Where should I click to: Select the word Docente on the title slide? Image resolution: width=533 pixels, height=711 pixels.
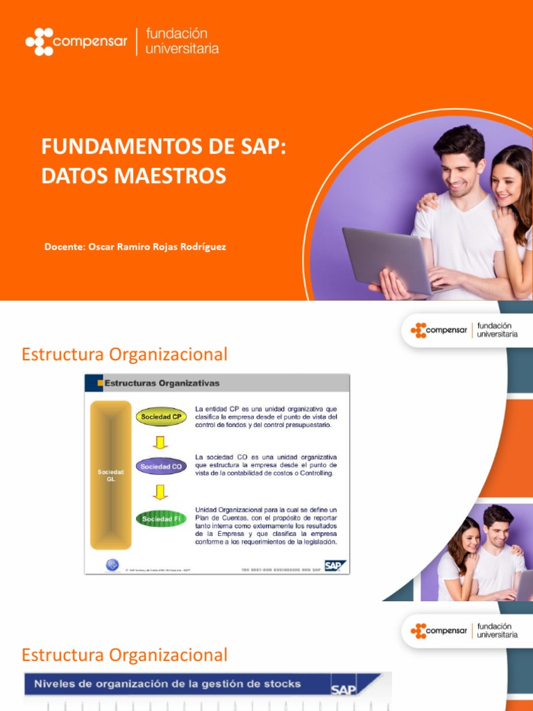tap(64, 247)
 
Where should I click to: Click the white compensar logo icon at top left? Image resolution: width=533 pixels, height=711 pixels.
tap(39, 42)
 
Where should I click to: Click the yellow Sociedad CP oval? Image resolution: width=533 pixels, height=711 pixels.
tap(161, 417)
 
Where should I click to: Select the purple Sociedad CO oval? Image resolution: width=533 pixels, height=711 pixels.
tap(161, 467)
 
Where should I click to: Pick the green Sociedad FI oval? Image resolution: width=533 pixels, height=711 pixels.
tap(161, 519)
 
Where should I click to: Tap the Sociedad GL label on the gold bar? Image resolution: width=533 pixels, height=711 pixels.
tap(111, 476)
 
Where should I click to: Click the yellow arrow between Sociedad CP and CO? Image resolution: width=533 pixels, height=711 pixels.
tap(160, 442)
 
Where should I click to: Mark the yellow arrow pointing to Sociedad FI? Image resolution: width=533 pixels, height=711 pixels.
tap(160, 492)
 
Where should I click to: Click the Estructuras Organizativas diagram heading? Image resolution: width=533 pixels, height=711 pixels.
tap(162, 383)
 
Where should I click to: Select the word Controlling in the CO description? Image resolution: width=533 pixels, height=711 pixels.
tap(314, 474)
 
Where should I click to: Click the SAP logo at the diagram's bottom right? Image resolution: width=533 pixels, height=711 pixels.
tap(335, 565)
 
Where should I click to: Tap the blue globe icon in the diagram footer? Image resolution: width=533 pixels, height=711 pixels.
tap(112, 565)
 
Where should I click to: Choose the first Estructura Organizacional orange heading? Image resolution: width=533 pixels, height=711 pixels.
tap(124, 355)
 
